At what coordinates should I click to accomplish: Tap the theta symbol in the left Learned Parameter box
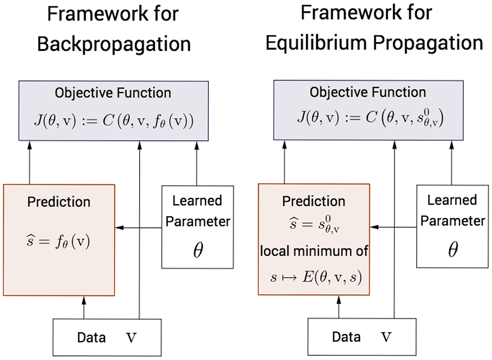point(197,250)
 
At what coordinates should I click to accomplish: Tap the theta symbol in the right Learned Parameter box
point(452,250)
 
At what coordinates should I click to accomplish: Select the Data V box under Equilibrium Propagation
point(362,337)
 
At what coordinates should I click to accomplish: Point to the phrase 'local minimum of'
point(314,253)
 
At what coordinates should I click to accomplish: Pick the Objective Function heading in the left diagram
point(114,93)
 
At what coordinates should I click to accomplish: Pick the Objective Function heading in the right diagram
point(368,93)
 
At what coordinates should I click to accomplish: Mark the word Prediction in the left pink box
point(58,201)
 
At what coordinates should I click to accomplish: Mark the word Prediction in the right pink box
point(313,201)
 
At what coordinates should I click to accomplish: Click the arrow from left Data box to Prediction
point(83,307)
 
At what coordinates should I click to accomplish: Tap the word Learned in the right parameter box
point(452,200)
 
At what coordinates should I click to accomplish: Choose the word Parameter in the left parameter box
point(197,222)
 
